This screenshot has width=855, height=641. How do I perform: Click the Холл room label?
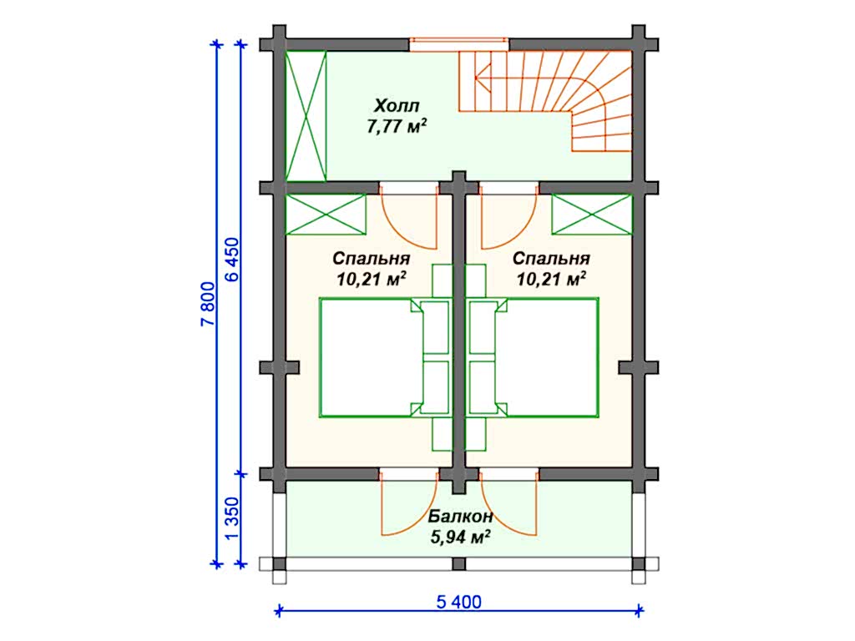pyautogui.click(x=397, y=105)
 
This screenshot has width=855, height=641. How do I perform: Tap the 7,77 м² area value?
pyautogui.click(x=397, y=127)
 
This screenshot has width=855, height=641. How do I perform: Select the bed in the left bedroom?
pyautogui.click(x=372, y=357)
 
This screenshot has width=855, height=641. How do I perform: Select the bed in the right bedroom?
pyautogui.click(x=547, y=357)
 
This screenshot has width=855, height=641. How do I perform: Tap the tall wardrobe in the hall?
pyautogui.click(x=306, y=114)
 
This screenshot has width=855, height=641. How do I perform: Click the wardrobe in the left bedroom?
pyautogui.click(x=326, y=215)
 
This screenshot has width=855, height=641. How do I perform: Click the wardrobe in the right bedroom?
pyautogui.click(x=590, y=215)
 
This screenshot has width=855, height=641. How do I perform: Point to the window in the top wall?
pyautogui.click(x=459, y=43)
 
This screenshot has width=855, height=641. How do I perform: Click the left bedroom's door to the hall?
pyautogui.click(x=409, y=217)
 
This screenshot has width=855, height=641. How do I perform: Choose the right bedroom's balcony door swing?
pyautogui.click(x=507, y=505)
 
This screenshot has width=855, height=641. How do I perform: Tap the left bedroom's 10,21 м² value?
pyautogui.click(x=371, y=279)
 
